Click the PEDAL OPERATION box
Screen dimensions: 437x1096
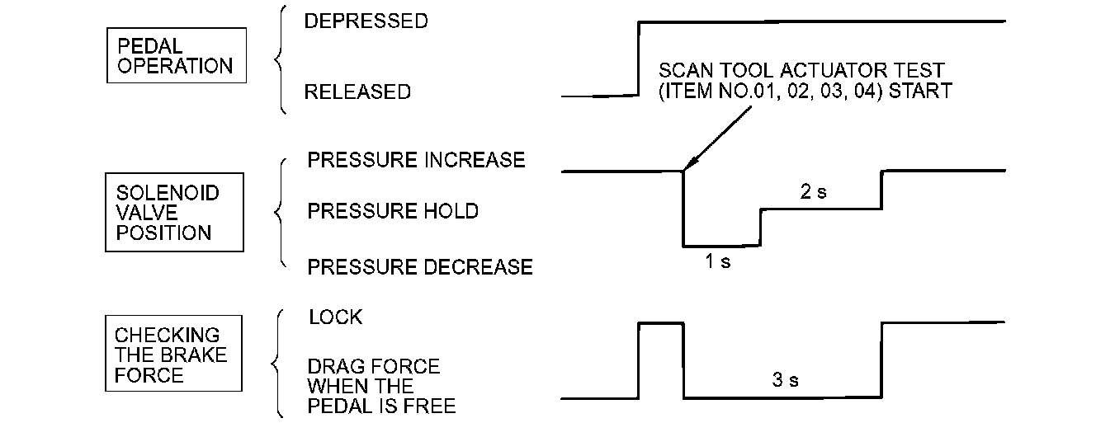tap(176, 55)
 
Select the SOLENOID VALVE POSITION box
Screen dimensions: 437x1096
tap(174, 212)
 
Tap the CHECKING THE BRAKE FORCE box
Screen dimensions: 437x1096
tap(174, 353)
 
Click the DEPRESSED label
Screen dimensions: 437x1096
tap(366, 21)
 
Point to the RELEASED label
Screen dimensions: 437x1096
tap(357, 92)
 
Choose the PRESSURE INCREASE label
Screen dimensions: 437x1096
tap(416, 160)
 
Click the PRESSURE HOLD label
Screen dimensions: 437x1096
tap(393, 212)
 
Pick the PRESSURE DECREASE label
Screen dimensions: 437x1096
tap(420, 267)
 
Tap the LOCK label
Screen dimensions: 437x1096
tap(335, 317)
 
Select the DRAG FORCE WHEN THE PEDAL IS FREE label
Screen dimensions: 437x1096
tap(382, 386)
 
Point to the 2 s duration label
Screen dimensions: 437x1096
tap(813, 192)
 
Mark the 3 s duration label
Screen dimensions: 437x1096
tap(786, 381)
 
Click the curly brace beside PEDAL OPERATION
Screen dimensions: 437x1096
tap(281, 59)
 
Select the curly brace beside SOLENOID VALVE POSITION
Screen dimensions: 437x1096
tap(281, 212)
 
